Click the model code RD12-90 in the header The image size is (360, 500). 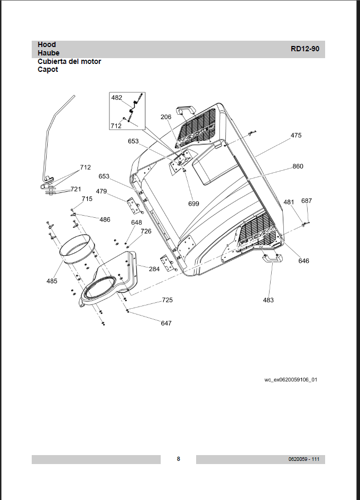304,49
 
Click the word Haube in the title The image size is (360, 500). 49,53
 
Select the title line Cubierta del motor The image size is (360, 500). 69,61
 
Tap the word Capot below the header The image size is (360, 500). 48,70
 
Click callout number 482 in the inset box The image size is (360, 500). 117,98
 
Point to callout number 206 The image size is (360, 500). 166,117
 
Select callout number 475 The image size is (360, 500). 296,136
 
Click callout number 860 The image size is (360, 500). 298,166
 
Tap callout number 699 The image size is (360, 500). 193,203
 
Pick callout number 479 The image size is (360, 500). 101,191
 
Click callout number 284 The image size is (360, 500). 154,269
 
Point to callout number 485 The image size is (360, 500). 52,281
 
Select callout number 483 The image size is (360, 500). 269,300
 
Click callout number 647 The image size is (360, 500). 166,323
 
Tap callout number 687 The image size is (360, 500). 307,201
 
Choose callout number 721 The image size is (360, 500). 76,189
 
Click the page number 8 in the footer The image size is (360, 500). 179,459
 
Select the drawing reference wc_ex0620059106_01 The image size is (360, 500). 291,379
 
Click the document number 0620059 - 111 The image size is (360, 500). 304,459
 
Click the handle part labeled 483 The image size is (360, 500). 272,258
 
